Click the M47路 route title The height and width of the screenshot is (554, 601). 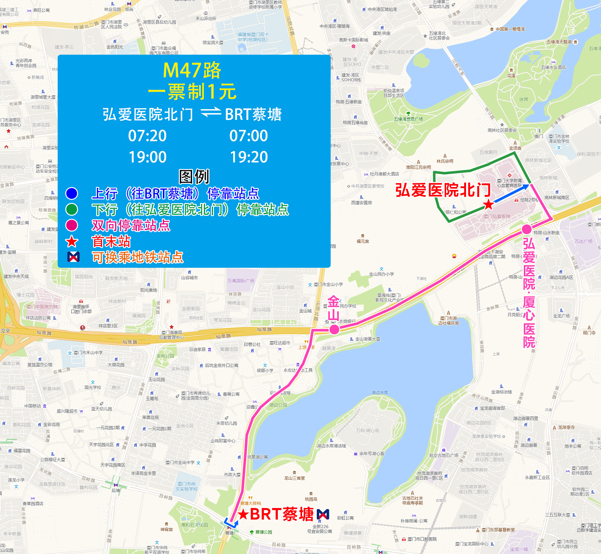(x=192, y=70)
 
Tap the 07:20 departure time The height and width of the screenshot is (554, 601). (x=147, y=136)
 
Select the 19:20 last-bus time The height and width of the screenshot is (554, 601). (x=249, y=157)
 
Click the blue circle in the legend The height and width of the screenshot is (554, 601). (x=72, y=193)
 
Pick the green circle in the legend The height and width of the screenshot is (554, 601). (x=72, y=209)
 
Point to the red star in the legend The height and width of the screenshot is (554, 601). (x=72, y=242)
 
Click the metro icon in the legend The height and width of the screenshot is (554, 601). (x=74, y=257)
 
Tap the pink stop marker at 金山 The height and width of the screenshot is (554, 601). (x=334, y=329)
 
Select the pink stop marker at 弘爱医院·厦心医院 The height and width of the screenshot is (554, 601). (x=527, y=229)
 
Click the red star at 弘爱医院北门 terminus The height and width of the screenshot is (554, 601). (x=488, y=205)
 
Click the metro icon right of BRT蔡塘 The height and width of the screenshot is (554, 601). (x=323, y=514)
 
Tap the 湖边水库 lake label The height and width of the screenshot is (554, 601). (x=380, y=393)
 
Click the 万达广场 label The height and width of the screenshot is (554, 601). (x=583, y=241)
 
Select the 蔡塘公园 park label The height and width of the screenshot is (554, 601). (x=263, y=532)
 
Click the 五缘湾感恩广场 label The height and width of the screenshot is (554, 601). (x=408, y=119)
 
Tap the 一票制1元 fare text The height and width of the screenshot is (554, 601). (x=192, y=92)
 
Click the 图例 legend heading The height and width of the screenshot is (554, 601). (x=194, y=176)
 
